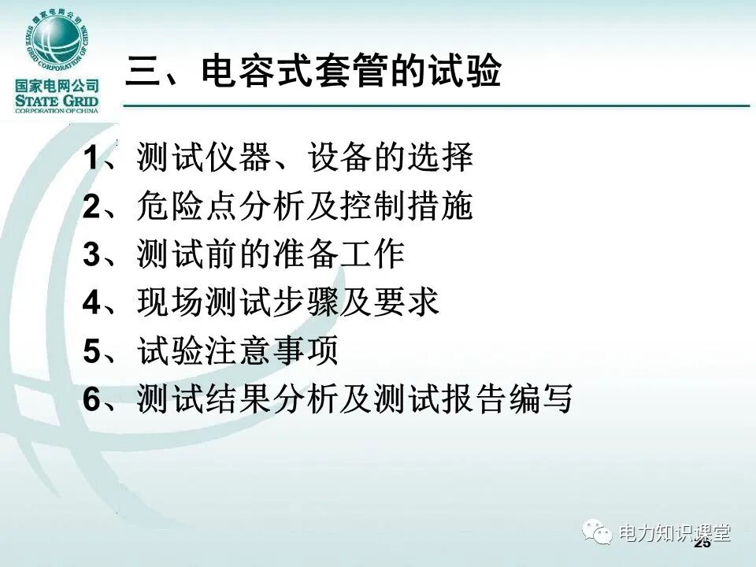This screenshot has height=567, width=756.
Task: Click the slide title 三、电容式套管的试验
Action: (x=313, y=72)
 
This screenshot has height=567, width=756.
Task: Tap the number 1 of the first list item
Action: (x=91, y=159)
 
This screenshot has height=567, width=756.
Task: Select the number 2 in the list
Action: (x=91, y=207)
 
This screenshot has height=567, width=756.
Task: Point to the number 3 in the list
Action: (x=91, y=255)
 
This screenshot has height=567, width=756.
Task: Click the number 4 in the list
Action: (x=91, y=303)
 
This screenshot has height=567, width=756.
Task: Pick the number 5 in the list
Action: (x=91, y=351)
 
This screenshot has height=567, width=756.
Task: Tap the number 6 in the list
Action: (x=91, y=399)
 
